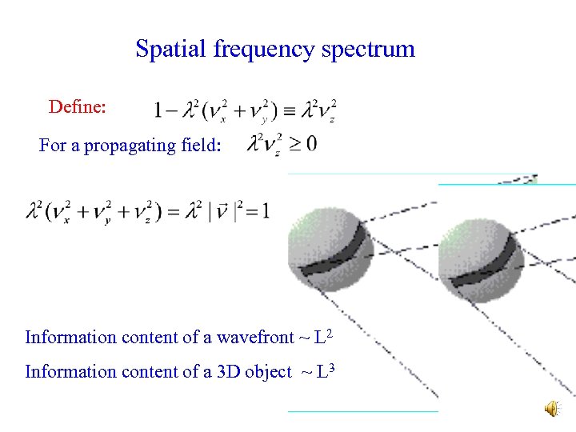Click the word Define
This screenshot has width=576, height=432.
click(x=75, y=106)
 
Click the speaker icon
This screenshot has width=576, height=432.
click(x=553, y=409)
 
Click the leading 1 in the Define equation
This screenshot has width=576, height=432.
click(x=159, y=110)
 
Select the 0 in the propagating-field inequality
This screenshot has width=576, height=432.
click(x=310, y=144)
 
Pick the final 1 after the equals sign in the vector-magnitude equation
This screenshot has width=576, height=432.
click(x=265, y=210)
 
